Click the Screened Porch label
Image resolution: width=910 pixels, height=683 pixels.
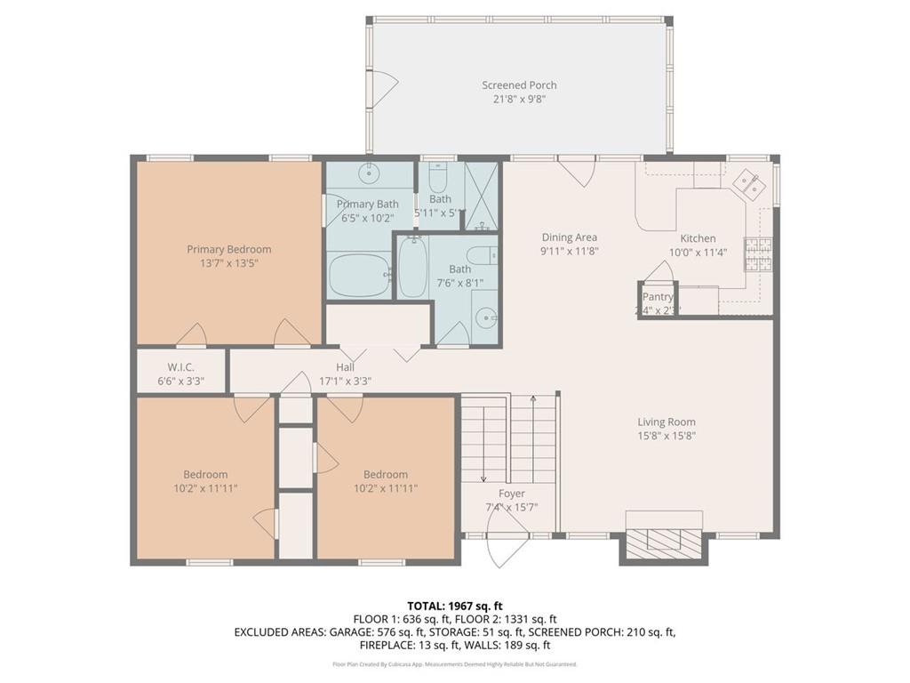(x=519, y=85)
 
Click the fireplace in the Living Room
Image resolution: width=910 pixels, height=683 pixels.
(x=665, y=541)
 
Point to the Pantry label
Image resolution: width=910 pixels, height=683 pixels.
(x=658, y=297)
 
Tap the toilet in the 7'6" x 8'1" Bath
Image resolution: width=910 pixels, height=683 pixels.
(x=481, y=256)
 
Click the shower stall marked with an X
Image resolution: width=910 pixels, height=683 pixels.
(x=482, y=196)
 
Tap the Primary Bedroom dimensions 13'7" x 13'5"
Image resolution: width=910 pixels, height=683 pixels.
(x=228, y=263)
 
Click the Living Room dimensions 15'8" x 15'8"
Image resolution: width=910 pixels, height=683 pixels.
(x=666, y=436)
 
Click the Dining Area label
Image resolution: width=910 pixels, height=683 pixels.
(x=570, y=237)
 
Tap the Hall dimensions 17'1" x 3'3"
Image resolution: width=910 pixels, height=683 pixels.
(x=345, y=381)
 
